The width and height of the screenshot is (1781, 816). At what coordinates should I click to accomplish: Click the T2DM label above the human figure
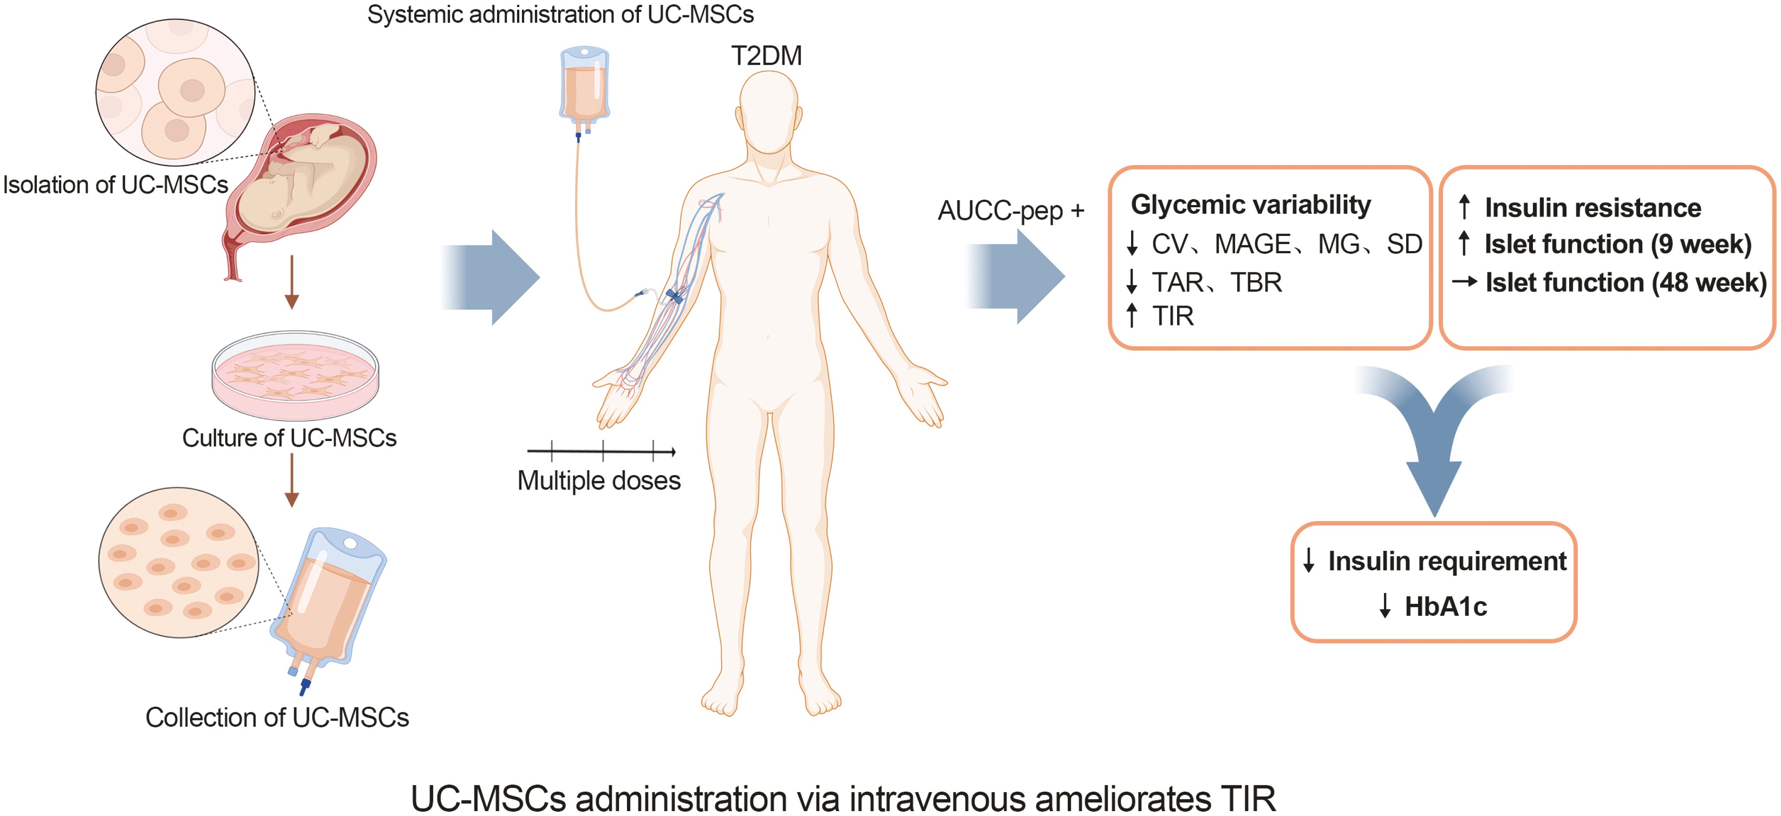point(766,56)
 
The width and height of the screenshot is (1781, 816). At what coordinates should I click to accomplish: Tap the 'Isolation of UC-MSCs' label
point(116,185)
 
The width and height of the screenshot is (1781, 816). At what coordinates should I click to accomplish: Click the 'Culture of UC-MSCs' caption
point(289,438)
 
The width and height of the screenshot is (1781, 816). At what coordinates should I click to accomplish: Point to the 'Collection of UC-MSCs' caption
point(276,718)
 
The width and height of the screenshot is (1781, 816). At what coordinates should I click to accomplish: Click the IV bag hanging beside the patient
point(584,86)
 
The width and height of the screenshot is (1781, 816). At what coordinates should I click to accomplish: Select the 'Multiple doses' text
point(599,481)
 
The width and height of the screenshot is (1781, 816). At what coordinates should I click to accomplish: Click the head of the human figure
point(768,111)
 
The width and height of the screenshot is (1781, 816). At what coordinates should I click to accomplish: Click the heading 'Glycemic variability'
point(1250,205)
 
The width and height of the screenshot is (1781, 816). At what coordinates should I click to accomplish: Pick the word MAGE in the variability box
point(1252,244)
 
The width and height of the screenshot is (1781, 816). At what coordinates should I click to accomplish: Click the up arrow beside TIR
point(1132,315)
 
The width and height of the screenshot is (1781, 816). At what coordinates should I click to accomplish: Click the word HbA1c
point(1445,607)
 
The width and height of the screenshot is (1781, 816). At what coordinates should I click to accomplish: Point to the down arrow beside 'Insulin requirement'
point(1308,561)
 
